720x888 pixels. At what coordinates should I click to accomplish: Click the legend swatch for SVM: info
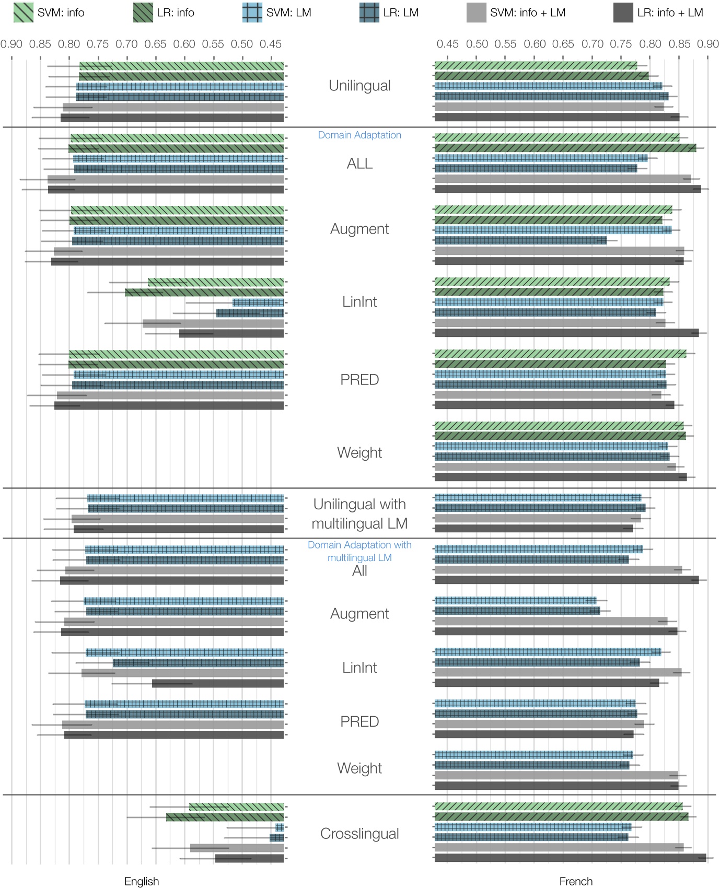(23, 13)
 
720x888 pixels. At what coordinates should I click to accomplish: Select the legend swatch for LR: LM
(369, 13)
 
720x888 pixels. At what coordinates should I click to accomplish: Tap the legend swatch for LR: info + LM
(623, 13)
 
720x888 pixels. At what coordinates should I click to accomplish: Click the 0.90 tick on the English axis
(11, 44)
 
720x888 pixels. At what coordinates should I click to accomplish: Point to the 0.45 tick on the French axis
(448, 44)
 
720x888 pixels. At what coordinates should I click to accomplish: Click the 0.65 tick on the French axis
(563, 44)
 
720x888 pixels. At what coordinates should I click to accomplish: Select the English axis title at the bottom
(142, 881)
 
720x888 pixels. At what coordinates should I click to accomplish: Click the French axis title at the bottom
(576, 881)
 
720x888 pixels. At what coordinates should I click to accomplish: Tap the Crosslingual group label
(359, 834)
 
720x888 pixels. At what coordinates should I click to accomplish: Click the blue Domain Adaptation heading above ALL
(359, 135)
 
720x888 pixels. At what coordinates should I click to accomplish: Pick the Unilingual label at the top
(359, 86)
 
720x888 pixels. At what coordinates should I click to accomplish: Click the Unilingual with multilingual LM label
(359, 513)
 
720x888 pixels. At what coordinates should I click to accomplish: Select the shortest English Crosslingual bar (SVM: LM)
(280, 827)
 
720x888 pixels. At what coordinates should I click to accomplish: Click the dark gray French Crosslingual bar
(570, 858)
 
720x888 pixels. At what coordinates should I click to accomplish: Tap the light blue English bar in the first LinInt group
(258, 302)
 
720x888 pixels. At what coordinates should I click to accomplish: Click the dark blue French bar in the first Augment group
(520, 240)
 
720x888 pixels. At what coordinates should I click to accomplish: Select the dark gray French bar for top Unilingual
(556, 117)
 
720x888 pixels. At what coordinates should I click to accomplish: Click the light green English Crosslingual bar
(236, 807)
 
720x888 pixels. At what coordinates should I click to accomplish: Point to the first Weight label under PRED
(359, 452)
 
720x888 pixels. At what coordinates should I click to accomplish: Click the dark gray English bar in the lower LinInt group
(218, 683)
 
